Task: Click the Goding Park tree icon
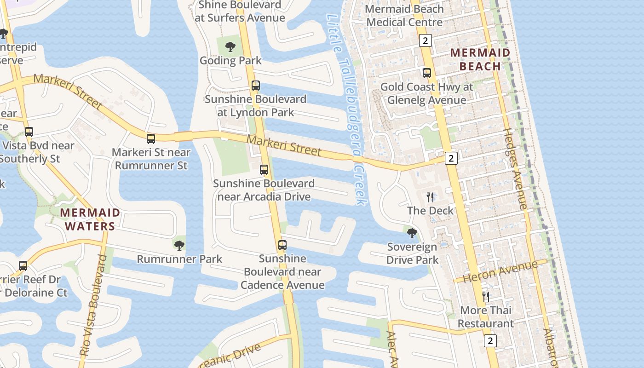[230, 46]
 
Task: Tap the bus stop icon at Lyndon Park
[255, 86]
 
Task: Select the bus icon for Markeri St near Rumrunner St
[151, 138]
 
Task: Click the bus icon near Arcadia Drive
[264, 170]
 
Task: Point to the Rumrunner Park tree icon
[179, 245]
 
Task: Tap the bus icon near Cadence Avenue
[282, 245]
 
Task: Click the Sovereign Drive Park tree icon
[412, 233]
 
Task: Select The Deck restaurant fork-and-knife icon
[430, 197]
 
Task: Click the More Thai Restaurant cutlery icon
[486, 296]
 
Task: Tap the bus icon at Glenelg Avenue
[427, 73]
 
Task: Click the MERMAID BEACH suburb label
[480, 59]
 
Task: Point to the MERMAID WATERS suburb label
[90, 219]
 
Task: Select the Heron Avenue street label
[500, 272]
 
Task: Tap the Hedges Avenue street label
[515, 169]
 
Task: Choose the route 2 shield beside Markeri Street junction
[451, 158]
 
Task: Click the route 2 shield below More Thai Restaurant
[490, 341]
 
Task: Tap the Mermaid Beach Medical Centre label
[405, 15]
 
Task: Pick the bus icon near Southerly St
[29, 132]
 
